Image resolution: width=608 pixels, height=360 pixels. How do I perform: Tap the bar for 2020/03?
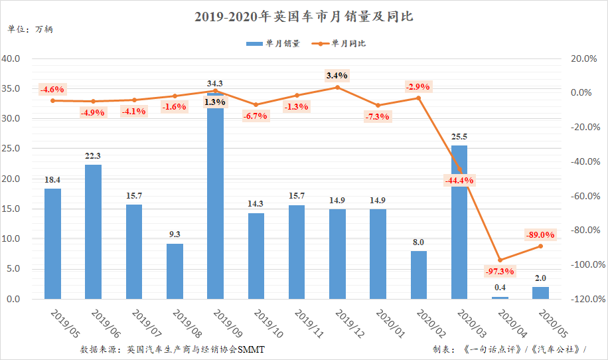[x=459, y=223]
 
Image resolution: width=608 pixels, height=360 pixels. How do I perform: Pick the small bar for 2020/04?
[x=500, y=298]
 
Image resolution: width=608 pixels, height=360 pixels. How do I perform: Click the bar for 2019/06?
[x=94, y=232]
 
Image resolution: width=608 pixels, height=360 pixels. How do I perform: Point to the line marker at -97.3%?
[x=500, y=260]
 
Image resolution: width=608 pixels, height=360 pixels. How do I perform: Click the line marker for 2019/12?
[x=337, y=87]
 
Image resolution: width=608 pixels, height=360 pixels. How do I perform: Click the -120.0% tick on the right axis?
[x=581, y=300]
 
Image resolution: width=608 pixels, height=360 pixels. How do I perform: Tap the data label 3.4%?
[x=337, y=76]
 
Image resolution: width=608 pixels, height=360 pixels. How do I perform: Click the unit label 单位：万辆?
[x=27, y=29]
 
